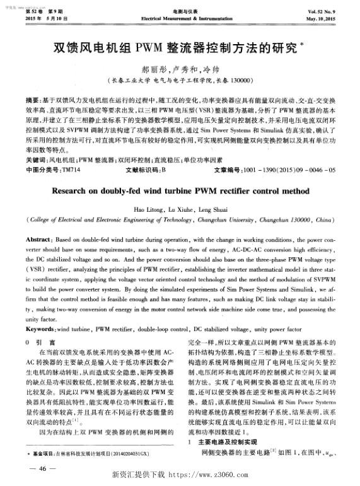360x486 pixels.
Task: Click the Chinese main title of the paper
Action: pos(178,48)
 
